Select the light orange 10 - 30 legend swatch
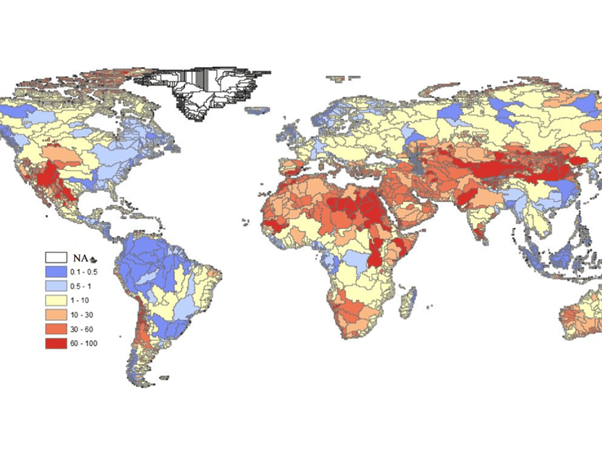click(55, 315)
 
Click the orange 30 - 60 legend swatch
click(55, 330)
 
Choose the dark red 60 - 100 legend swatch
click(55, 344)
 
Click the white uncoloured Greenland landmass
click(208, 93)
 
